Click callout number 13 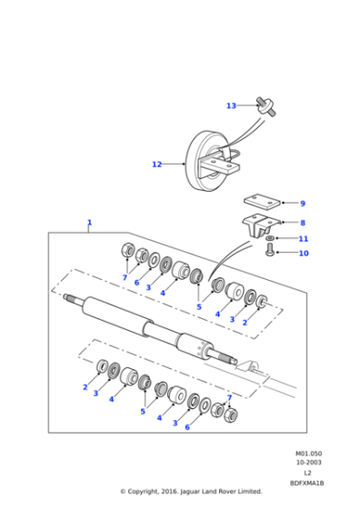(x=231, y=105)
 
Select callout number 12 (x=156, y=165)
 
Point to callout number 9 (x=303, y=204)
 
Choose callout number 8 (x=303, y=222)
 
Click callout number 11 (x=304, y=238)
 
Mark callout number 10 (x=304, y=254)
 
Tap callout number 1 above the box (x=89, y=222)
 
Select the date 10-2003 (x=307, y=463)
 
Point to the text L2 (x=307, y=473)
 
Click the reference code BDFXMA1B (x=307, y=483)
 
